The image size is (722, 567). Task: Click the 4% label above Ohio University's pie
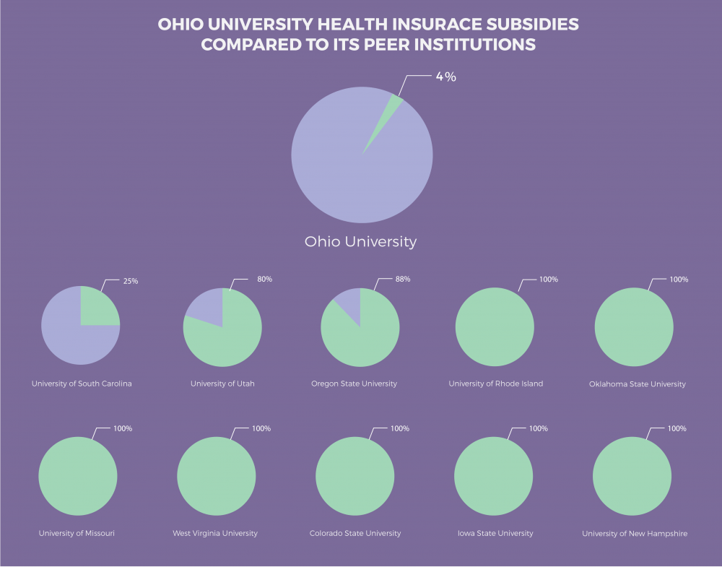pos(445,77)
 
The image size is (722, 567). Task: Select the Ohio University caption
pos(360,241)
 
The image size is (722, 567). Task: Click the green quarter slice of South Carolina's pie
pos(97,308)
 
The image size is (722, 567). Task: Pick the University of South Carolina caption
pos(82,384)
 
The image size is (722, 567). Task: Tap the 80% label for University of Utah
pos(264,280)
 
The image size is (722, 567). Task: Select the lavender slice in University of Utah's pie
pos(206,308)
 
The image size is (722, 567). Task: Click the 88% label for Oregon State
pos(402,280)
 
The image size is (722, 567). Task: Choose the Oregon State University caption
pos(354,384)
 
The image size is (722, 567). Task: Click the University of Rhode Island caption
pos(495,384)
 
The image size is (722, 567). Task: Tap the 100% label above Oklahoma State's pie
pos(679,280)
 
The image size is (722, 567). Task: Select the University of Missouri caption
pos(77,533)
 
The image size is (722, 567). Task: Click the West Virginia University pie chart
pos(216,476)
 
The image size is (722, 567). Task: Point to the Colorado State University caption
pos(355,533)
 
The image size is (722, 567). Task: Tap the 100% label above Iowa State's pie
pos(539,428)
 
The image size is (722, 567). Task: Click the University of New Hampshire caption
pos(635,533)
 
